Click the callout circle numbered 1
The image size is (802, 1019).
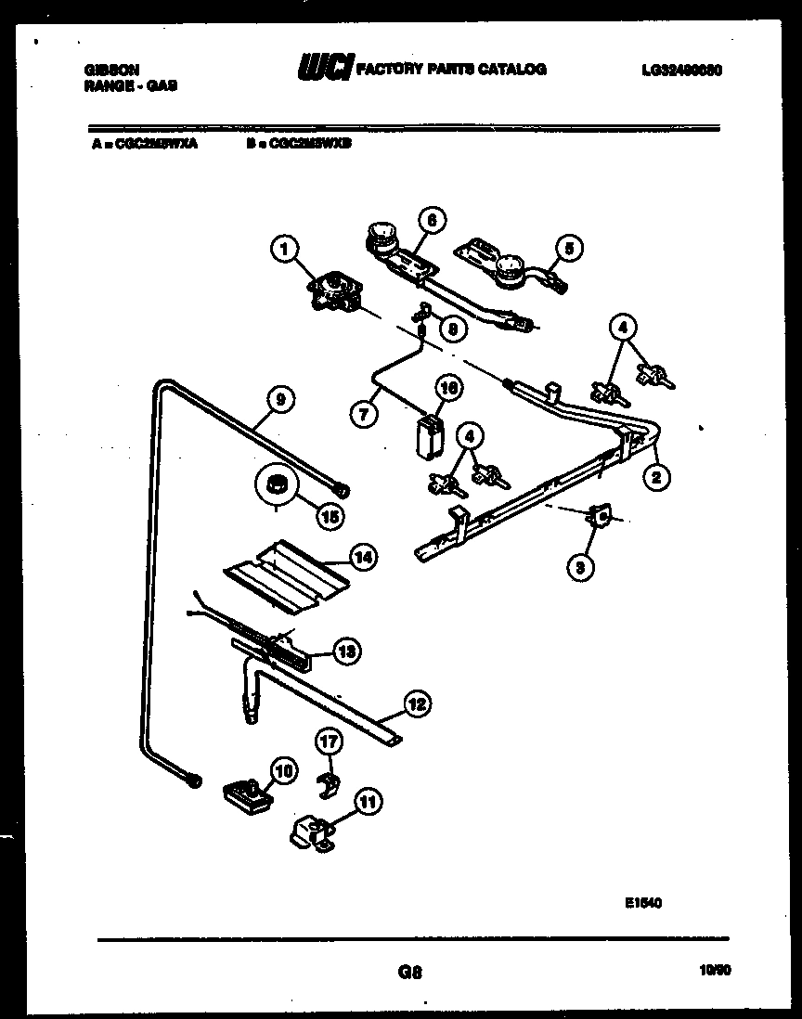click(286, 248)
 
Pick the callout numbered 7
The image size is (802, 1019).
click(363, 415)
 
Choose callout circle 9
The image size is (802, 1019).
click(280, 399)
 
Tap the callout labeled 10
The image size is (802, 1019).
click(282, 768)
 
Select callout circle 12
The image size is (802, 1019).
click(417, 704)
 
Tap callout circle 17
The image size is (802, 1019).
click(330, 742)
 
